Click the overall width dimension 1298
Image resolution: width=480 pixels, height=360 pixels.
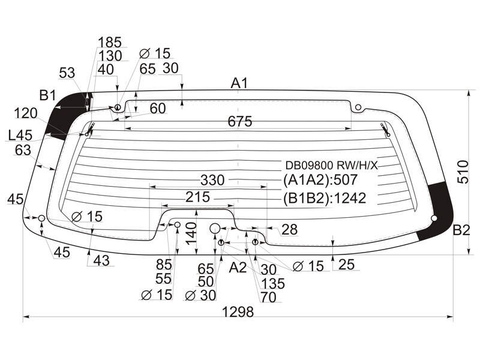[x=238, y=311]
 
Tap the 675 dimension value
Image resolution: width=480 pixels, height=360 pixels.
[x=239, y=122]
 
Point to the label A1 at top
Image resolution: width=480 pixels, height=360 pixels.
[x=239, y=83]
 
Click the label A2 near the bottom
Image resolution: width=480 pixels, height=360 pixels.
[x=238, y=267]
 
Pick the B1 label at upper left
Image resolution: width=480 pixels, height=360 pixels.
[x=47, y=95]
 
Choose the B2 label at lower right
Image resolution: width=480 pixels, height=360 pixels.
[x=461, y=230]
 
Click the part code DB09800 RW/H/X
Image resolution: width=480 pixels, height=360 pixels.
[x=332, y=166]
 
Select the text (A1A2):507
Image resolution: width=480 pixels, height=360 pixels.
[x=320, y=179]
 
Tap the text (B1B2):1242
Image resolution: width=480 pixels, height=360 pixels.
[x=325, y=199]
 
